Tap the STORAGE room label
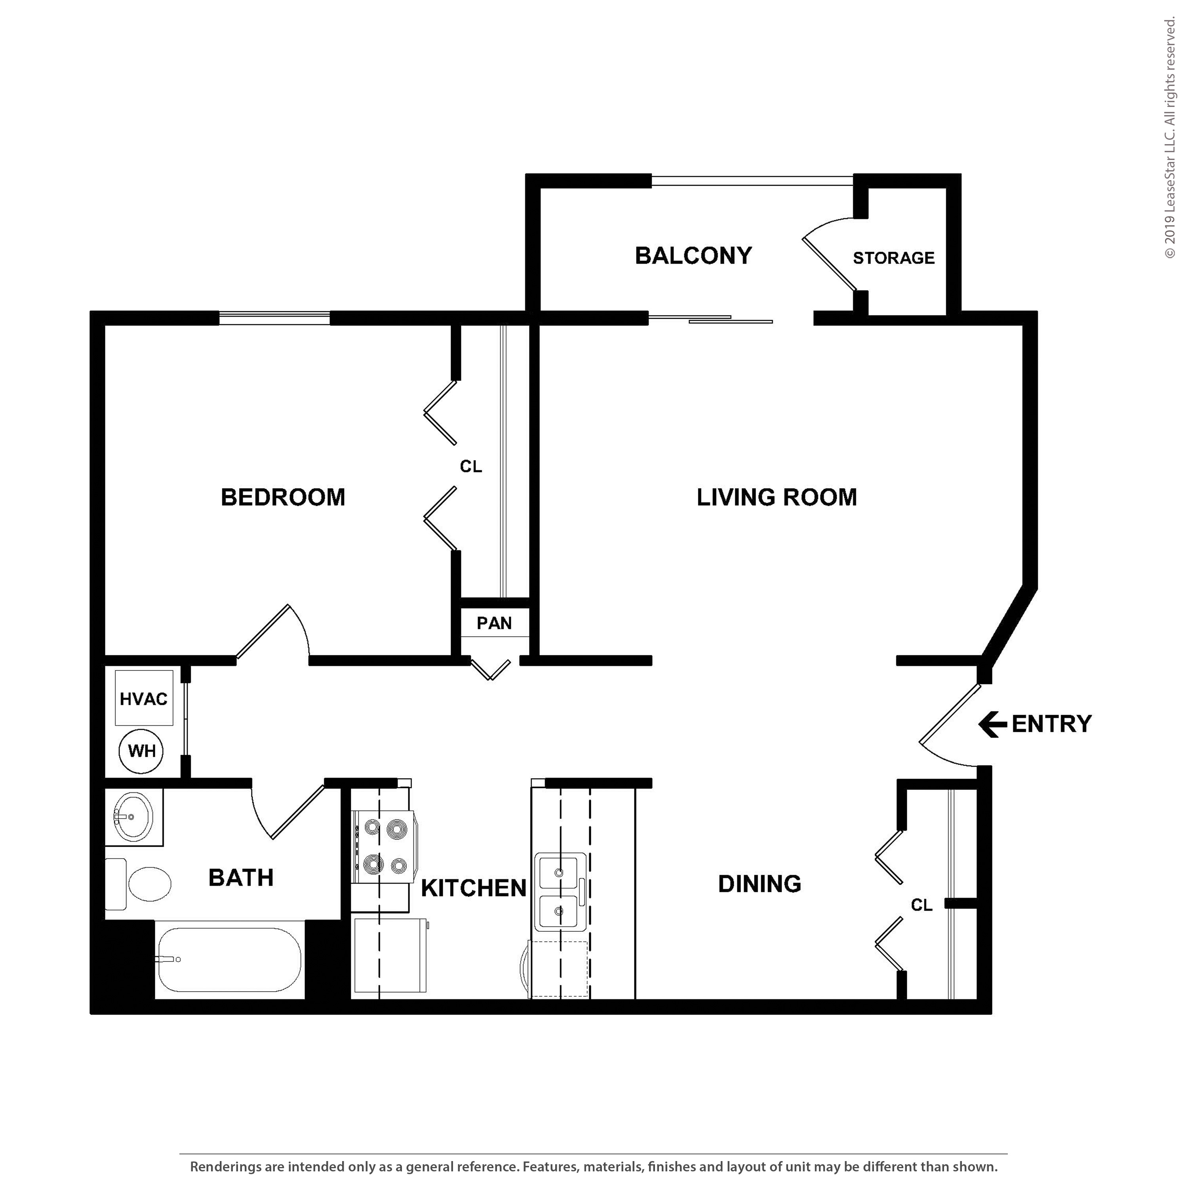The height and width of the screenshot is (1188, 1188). (893, 258)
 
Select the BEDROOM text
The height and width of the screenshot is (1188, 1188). (283, 497)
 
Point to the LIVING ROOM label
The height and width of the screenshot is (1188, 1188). (777, 497)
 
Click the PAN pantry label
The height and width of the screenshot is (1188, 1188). (494, 624)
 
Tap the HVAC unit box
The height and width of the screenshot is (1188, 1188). (144, 698)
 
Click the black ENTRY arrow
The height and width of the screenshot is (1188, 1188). (992, 724)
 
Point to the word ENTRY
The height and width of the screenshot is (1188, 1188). (1051, 724)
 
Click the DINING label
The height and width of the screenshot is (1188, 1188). (760, 884)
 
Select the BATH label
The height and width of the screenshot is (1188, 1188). (241, 878)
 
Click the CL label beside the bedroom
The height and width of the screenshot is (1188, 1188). (471, 467)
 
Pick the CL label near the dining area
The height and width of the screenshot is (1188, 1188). (922, 905)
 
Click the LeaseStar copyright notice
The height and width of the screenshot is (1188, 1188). (1169, 138)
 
